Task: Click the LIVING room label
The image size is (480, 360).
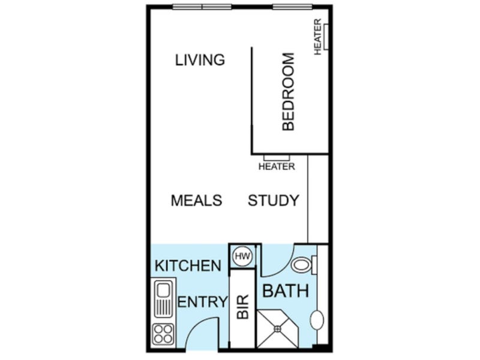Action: pos(200,59)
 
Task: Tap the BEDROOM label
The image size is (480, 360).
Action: pos(288,92)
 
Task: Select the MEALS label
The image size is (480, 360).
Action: pos(196,200)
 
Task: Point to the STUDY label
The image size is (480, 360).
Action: pos(273,200)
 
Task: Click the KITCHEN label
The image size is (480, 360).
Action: pos(188,266)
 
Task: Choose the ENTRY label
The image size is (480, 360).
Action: pos(203,302)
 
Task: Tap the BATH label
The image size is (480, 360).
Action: pos(286,291)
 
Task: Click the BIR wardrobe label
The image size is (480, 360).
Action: pos(243,307)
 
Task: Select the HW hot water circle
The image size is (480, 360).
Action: pos(242,256)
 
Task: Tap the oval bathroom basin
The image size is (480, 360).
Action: pos(317,320)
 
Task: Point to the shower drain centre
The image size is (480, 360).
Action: pos(277,329)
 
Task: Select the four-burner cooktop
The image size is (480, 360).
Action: pos(163,334)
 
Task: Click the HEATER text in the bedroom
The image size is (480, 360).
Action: pos(318,37)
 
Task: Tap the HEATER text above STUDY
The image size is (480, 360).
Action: pos(277,167)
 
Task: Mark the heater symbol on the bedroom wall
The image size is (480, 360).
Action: pos(326,37)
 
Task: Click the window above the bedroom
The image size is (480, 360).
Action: pos(293,7)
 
